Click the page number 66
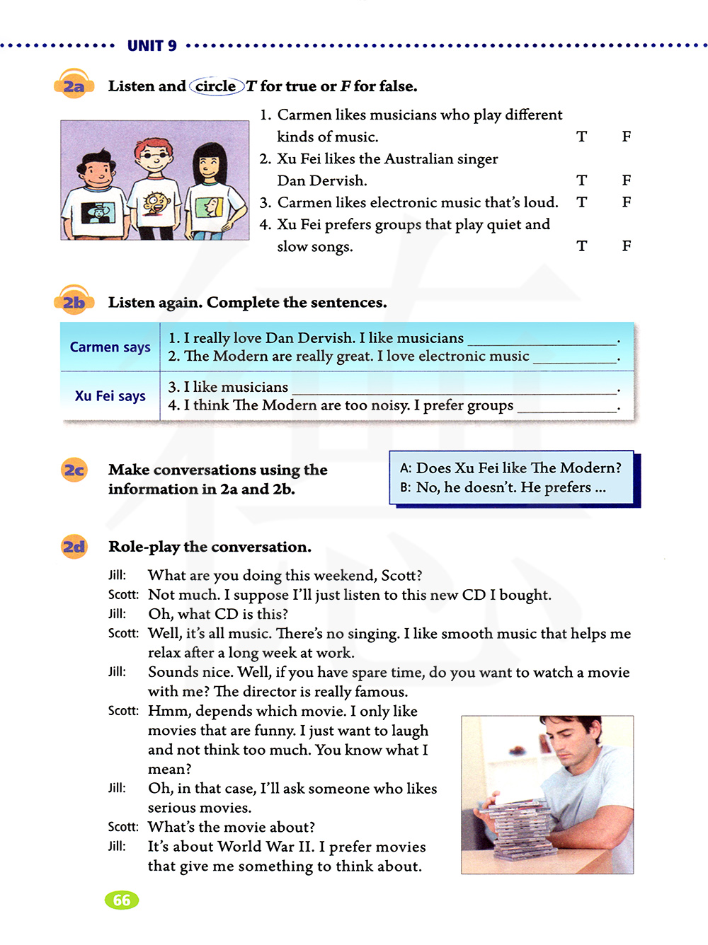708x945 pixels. (122, 900)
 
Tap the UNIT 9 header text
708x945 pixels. (152, 46)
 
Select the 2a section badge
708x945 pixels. (74, 86)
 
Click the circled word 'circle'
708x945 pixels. (216, 86)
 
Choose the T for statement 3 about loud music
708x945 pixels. (581, 202)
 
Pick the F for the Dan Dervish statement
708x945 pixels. (627, 180)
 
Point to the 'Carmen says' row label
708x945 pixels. (110, 347)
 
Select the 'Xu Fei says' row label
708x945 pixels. (110, 396)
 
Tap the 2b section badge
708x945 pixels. (74, 302)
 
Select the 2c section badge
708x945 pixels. (74, 470)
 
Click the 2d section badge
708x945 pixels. (74, 547)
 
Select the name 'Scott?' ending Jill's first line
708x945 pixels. (401, 576)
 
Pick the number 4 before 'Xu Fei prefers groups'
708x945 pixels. (265, 225)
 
